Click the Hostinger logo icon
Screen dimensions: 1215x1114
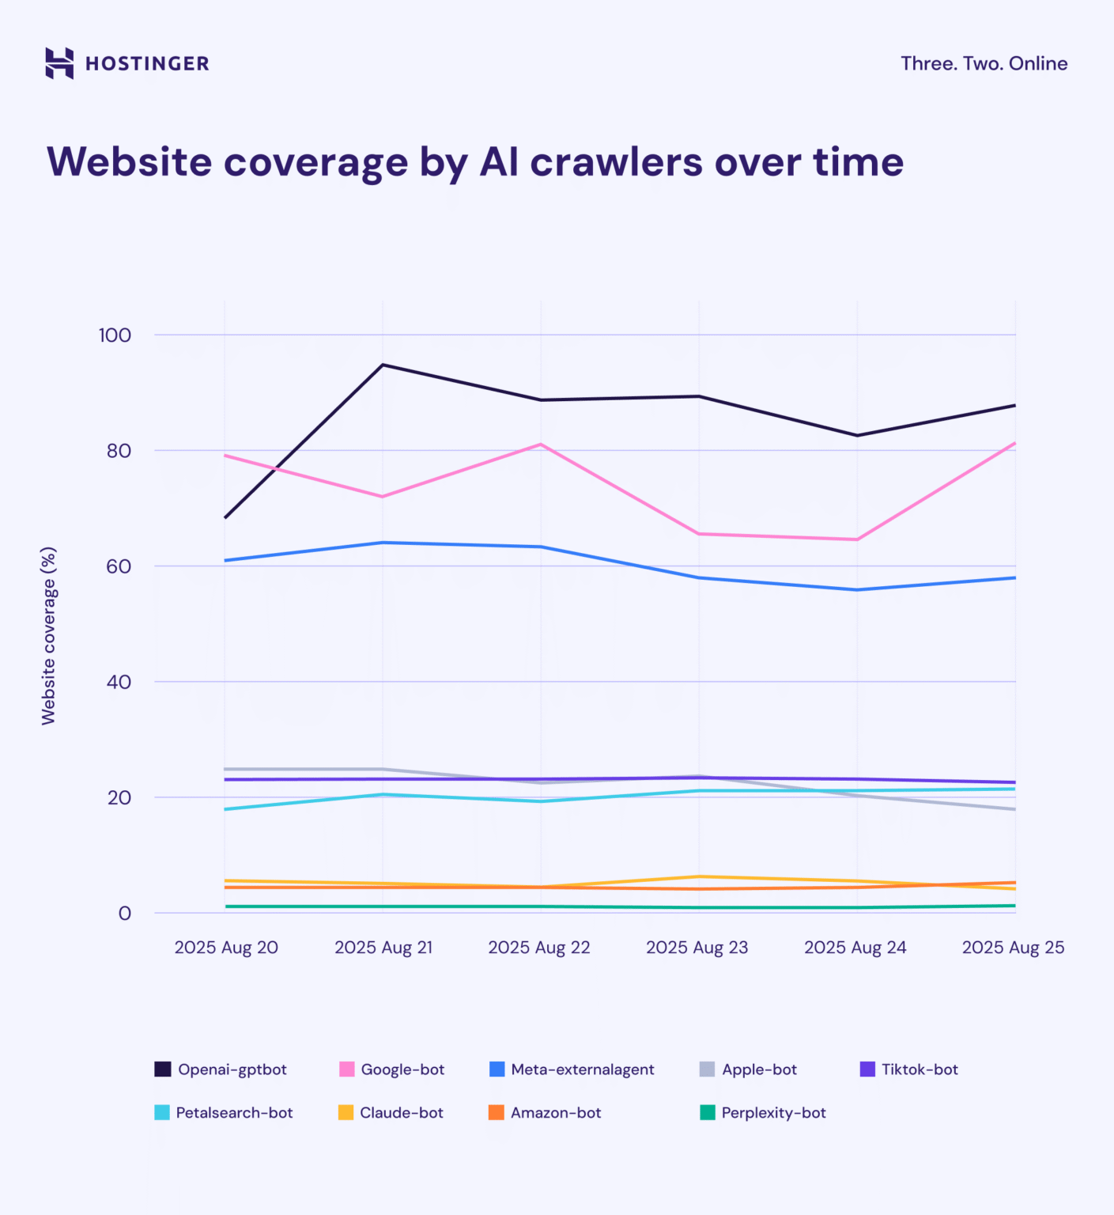click(x=59, y=63)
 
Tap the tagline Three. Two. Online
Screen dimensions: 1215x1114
click(x=984, y=63)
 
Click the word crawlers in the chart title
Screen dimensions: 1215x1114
click(x=616, y=162)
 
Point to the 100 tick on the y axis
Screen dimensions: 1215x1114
click(x=115, y=335)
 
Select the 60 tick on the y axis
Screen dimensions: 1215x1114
click(x=119, y=566)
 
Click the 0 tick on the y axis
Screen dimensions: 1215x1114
click(x=124, y=914)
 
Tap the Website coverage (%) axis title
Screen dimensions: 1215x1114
click(x=48, y=635)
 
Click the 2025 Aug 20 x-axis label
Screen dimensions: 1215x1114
click(x=226, y=948)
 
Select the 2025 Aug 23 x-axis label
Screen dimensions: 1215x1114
click(x=697, y=948)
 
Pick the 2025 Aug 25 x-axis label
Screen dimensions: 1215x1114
click(x=1013, y=948)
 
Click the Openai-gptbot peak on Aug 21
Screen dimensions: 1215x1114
click(x=383, y=365)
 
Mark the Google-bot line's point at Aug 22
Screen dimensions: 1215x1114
click(x=541, y=445)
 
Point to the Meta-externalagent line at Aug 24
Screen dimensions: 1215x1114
click(x=857, y=589)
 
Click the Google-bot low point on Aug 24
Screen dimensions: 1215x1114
click(x=857, y=539)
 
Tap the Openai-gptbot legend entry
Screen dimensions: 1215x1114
click(x=221, y=1069)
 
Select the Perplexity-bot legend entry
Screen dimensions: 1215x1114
click(x=763, y=1113)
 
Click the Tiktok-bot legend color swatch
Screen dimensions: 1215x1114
click(x=867, y=1069)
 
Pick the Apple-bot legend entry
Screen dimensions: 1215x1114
click(x=748, y=1069)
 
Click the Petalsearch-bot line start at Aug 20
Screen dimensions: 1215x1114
click(x=226, y=809)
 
